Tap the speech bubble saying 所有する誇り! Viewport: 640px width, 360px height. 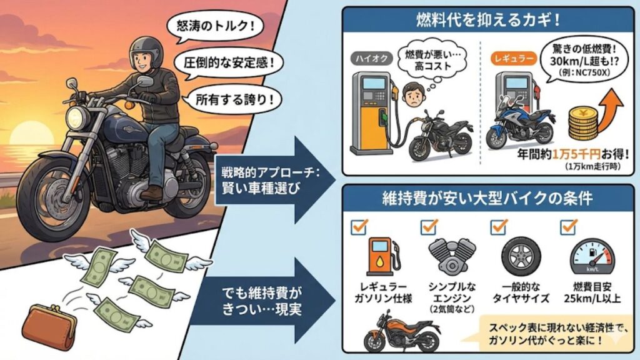pos(230,98)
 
